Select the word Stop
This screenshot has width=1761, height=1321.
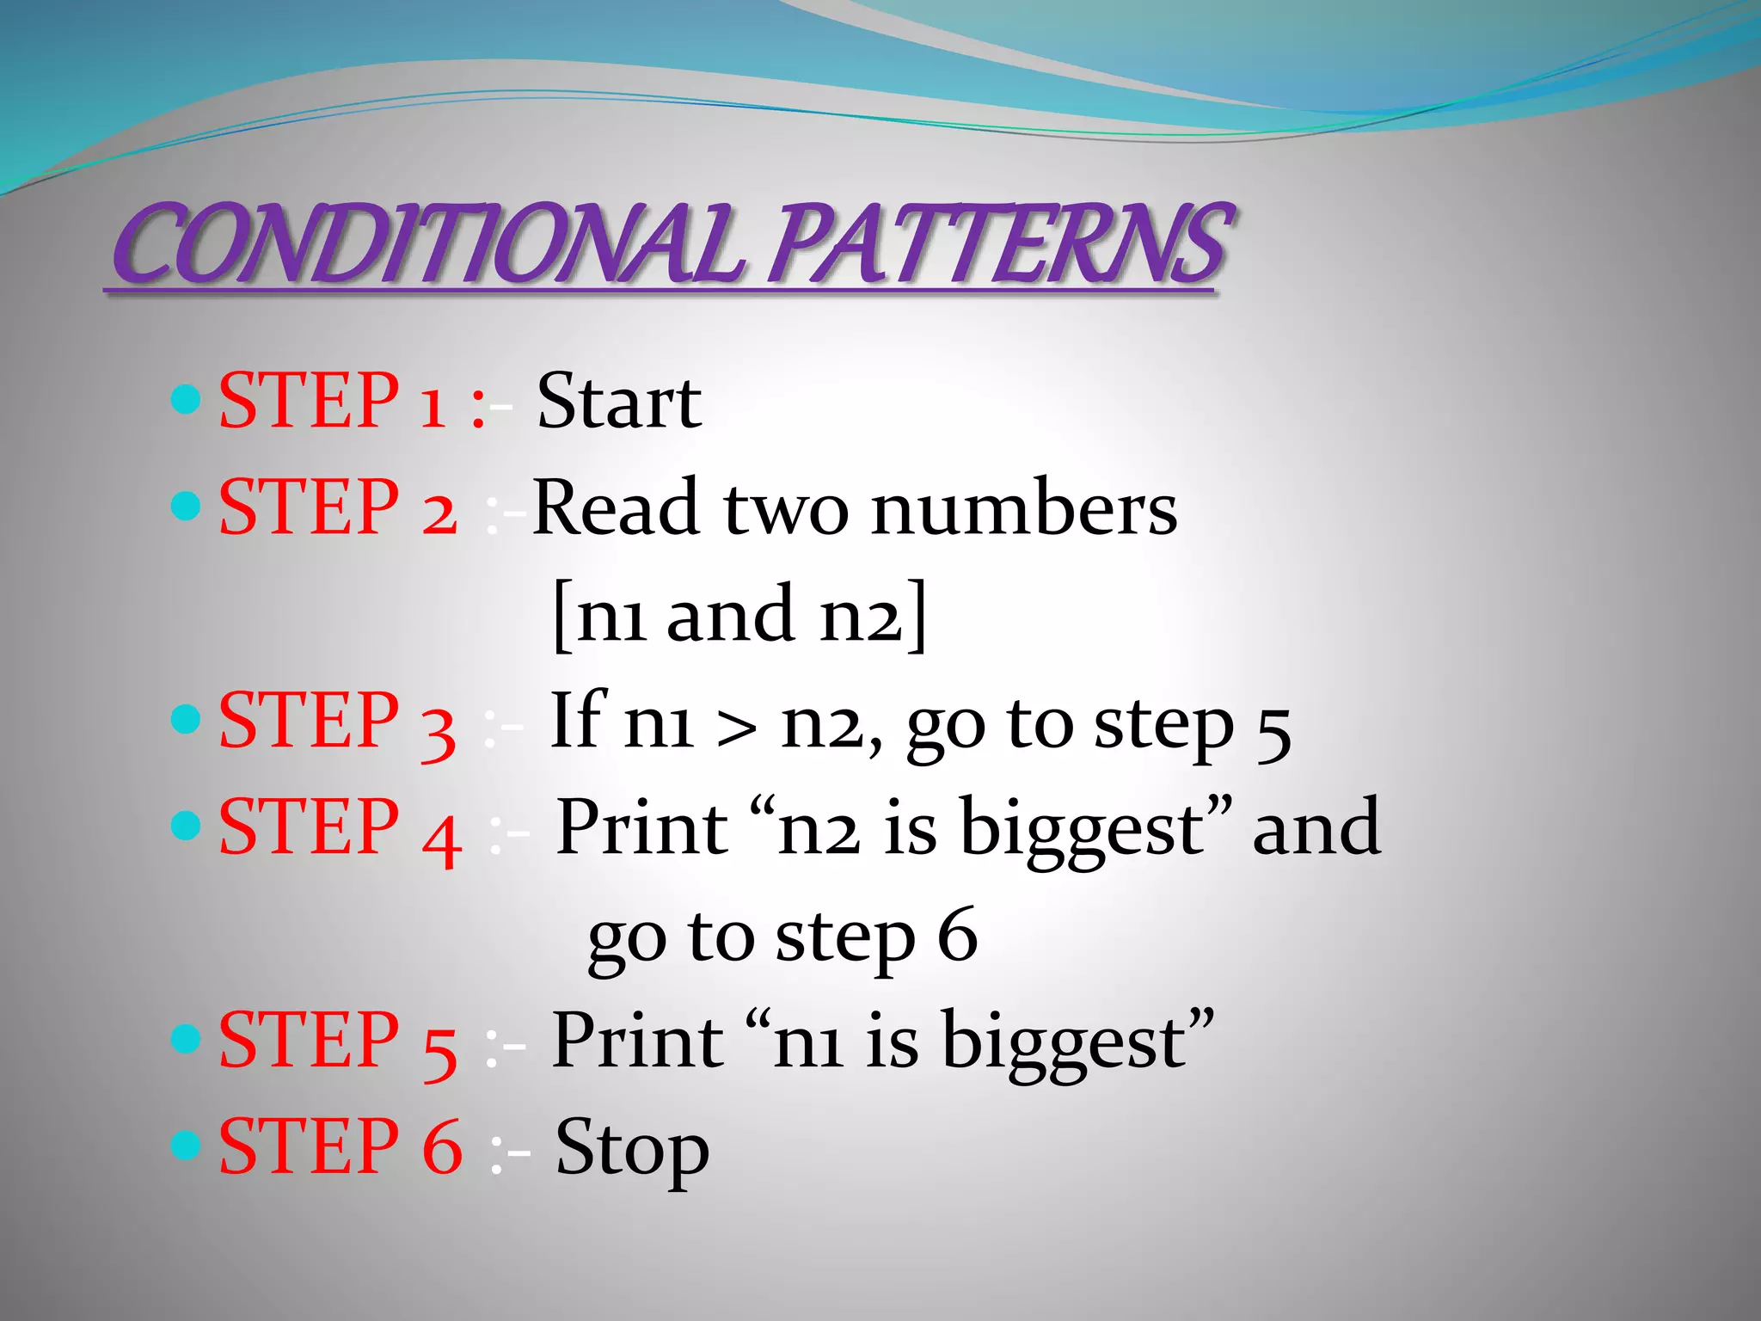[x=632, y=1149]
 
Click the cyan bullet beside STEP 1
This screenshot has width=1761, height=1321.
[x=186, y=399]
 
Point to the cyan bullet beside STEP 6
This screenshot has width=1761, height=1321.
[x=186, y=1145]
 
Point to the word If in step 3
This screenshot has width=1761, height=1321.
[x=579, y=720]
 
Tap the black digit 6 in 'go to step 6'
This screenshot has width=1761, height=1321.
[x=957, y=936]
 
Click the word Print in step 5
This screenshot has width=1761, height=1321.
[x=637, y=1041]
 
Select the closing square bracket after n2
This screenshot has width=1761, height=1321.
[x=917, y=616]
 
